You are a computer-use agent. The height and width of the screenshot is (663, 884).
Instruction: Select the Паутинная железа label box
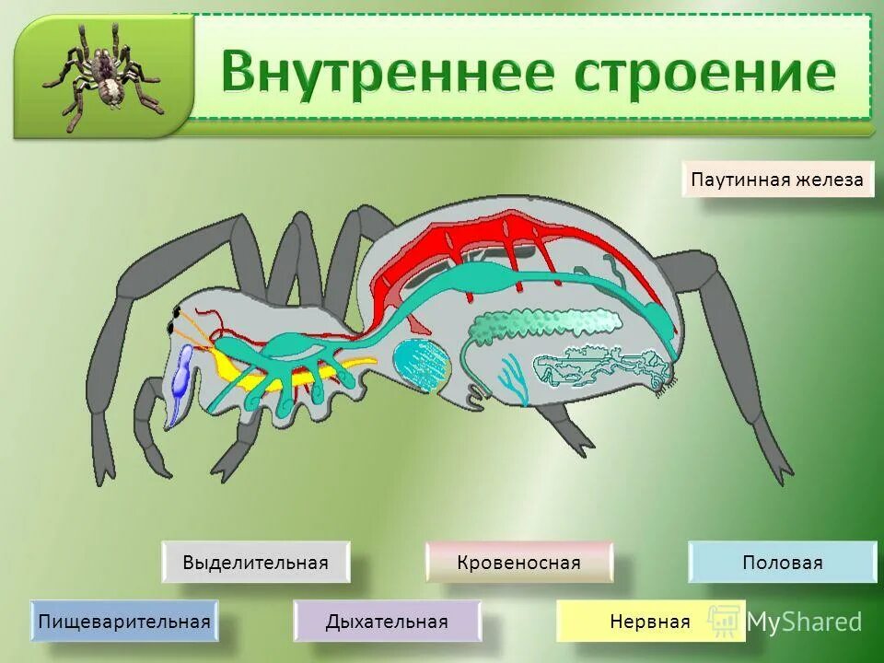tap(778, 180)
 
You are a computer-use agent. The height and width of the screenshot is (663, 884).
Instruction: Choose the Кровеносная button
tap(518, 563)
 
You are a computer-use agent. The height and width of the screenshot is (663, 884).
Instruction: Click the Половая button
tap(782, 563)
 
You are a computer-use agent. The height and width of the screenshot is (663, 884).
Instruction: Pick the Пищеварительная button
tap(124, 622)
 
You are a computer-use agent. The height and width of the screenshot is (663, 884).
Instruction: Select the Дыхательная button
tap(387, 622)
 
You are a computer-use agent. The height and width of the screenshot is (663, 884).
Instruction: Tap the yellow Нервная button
tap(650, 622)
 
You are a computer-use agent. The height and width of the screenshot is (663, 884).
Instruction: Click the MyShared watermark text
tap(803, 622)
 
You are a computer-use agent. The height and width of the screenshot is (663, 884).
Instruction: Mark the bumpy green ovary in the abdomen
tap(543, 323)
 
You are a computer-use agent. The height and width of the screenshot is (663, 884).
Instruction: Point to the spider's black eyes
tap(173, 320)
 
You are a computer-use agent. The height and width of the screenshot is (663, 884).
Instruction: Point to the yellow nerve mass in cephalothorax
tap(267, 368)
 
